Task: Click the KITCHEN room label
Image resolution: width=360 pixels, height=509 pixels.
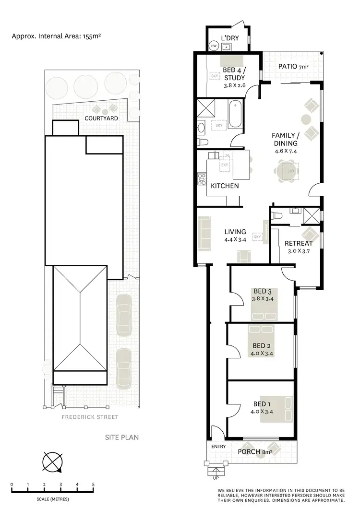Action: [x=225, y=186]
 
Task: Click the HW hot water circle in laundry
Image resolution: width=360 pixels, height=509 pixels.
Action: [x=214, y=46]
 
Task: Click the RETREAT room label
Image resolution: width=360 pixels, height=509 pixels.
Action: [x=299, y=243]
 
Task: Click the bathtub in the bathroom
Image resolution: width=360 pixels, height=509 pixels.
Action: [x=235, y=114]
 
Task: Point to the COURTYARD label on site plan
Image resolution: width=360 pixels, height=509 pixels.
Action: [x=101, y=118]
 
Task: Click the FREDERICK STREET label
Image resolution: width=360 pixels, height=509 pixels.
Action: [x=90, y=417]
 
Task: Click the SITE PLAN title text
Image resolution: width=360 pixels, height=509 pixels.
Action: [x=122, y=437]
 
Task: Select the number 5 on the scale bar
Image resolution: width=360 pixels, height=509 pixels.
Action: [x=93, y=485]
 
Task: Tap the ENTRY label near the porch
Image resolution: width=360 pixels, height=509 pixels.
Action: [x=218, y=447]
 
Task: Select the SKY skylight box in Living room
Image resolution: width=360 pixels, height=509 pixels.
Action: [x=257, y=237]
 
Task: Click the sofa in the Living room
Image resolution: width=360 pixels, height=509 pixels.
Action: [x=204, y=233]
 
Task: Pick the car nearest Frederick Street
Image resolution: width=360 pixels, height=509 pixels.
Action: [x=123, y=365]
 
